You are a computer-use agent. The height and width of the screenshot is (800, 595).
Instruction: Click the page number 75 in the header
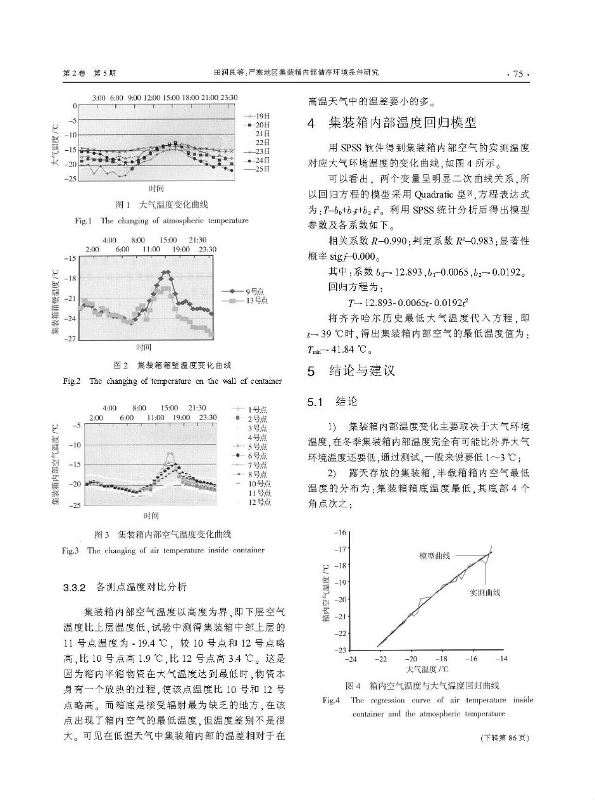click(518, 73)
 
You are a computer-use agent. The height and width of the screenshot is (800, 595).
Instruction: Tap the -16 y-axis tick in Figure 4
click(342, 532)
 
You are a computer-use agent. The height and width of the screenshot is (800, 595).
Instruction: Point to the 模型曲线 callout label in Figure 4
click(435, 556)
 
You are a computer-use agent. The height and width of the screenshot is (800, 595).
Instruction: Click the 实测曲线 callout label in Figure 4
click(485, 592)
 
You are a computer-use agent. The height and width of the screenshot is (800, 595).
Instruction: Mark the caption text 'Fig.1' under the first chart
click(84, 221)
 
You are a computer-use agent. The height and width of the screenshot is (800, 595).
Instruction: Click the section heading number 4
click(311, 122)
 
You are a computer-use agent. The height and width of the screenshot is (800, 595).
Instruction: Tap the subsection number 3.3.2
click(75, 587)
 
